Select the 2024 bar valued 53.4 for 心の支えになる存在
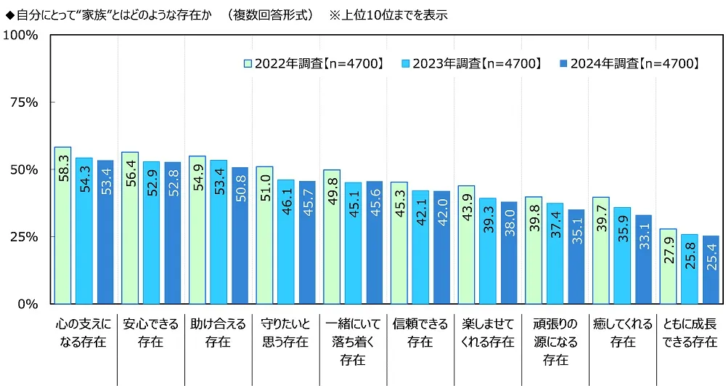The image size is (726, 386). click(x=106, y=232)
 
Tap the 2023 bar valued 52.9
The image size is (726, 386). click(x=152, y=233)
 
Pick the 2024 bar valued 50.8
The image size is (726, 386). click(x=240, y=236)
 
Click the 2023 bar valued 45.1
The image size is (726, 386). click(x=354, y=243)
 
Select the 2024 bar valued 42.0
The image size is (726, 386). click(x=442, y=247)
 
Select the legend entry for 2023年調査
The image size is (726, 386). click(x=472, y=64)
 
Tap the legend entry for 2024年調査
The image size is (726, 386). click(x=629, y=64)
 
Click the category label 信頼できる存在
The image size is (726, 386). click(x=420, y=332)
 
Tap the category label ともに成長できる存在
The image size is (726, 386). click(x=690, y=332)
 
